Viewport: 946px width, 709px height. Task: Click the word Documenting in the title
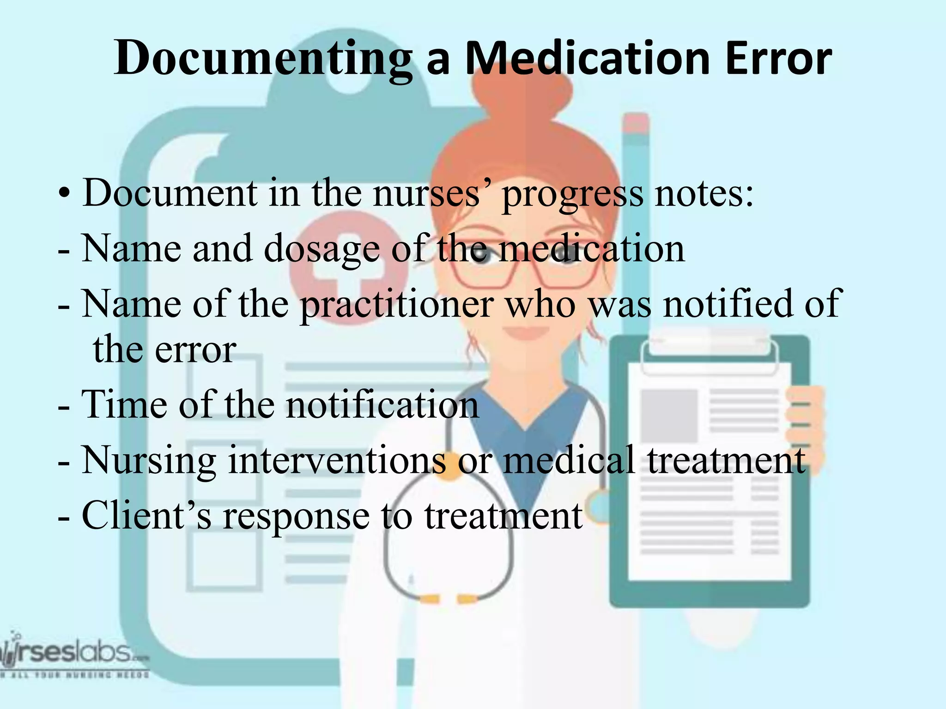[263, 59]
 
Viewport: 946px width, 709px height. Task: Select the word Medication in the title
[587, 59]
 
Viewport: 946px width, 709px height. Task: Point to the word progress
[572, 194]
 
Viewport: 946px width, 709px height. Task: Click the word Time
[124, 405]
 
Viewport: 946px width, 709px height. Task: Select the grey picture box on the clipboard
[669, 415]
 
